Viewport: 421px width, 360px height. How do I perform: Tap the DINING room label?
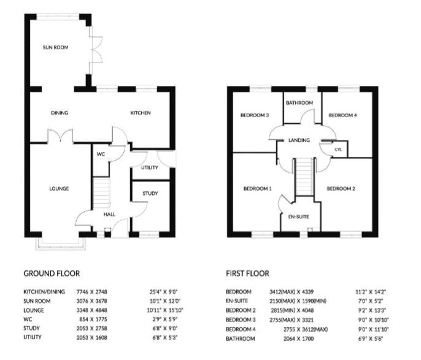[60, 113]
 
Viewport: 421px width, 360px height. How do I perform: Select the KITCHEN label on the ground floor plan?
[140, 113]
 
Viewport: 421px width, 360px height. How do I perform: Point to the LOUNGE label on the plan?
[59, 188]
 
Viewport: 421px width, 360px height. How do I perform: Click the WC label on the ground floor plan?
[101, 155]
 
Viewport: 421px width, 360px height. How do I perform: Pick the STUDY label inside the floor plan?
[150, 194]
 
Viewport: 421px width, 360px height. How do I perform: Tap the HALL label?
[109, 215]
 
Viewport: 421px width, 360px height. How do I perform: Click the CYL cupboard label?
[338, 150]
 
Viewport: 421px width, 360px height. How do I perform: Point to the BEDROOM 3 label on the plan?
[254, 115]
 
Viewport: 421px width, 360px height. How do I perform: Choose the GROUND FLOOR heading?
[52, 274]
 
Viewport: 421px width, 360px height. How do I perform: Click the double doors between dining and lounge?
[60, 136]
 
